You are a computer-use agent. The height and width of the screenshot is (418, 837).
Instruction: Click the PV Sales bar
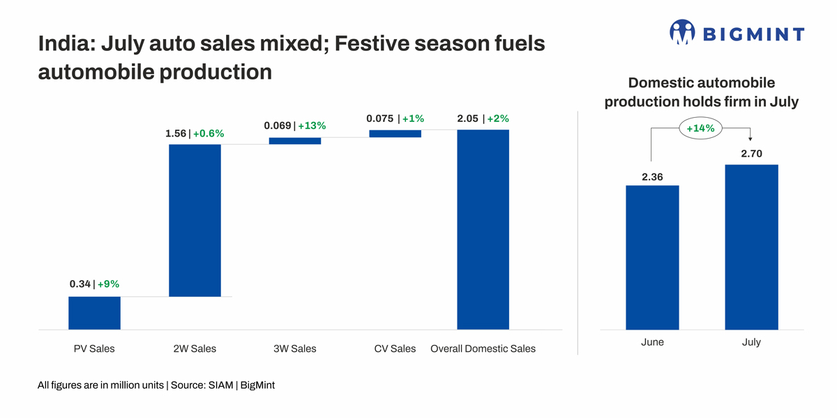tap(94, 313)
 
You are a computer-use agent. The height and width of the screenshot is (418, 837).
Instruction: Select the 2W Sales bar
tap(195, 220)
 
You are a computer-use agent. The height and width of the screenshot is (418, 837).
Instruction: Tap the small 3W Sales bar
tap(294, 141)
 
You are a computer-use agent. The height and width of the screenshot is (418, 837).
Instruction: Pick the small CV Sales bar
tap(395, 134)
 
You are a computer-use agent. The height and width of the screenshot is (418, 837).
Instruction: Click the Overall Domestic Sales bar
tap(483, 229)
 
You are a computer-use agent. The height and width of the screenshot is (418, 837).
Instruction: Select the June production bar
tap(652, 257)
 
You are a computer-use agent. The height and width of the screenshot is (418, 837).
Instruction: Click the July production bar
tap(751, 247)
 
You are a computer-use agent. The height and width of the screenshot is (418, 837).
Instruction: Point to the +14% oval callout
tap(700, 128)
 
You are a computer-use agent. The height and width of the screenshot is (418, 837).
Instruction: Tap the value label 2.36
tap(652, 177)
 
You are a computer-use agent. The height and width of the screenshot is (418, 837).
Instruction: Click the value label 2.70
tap(751, 154)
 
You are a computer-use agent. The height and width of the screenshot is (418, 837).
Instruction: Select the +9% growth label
tap(108, 284)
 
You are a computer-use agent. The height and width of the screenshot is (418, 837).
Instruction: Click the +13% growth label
tap(312, 126)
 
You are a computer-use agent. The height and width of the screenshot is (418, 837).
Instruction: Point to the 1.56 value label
tap(175, 133)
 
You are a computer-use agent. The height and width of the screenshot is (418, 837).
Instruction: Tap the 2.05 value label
tap(467, 118)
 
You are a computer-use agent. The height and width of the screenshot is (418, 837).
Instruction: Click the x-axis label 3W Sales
tap(294, 348)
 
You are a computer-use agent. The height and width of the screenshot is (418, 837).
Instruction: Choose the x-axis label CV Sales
tap(395, 348)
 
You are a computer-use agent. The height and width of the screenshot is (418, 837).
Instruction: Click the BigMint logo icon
tap(682, 33)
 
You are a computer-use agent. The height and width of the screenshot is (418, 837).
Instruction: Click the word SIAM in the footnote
tap(222, 385)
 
